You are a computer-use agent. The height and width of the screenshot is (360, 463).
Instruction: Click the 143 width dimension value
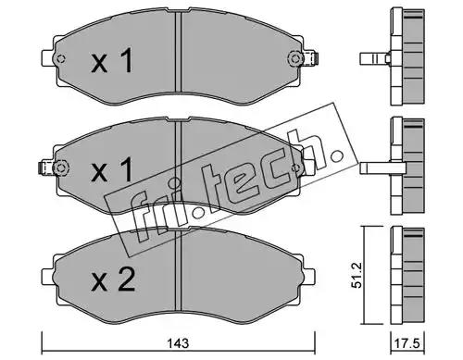click(178, 343)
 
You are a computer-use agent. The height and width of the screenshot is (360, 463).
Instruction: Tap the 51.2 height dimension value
click(357, 276)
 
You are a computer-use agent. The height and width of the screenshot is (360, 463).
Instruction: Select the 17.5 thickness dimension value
click(407, 343)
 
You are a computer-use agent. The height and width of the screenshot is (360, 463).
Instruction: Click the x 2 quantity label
click(113, 279)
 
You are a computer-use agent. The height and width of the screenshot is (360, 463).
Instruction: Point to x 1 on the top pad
click(112, 60)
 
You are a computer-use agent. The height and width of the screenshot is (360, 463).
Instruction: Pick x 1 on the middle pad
click(112, 169)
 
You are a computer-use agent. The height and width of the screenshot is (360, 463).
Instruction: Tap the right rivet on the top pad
click(295, 58)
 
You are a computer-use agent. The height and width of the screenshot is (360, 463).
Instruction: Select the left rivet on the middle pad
click(61, 168)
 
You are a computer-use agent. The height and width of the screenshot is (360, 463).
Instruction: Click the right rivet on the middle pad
click(296, 168)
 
